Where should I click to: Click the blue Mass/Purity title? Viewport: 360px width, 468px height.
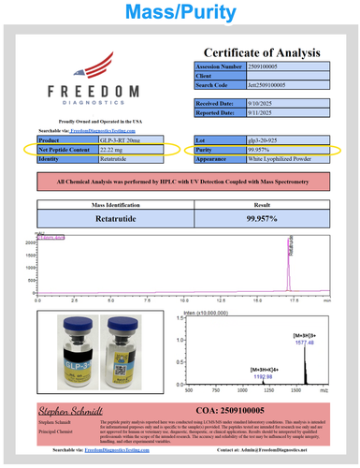coord(180,11)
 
